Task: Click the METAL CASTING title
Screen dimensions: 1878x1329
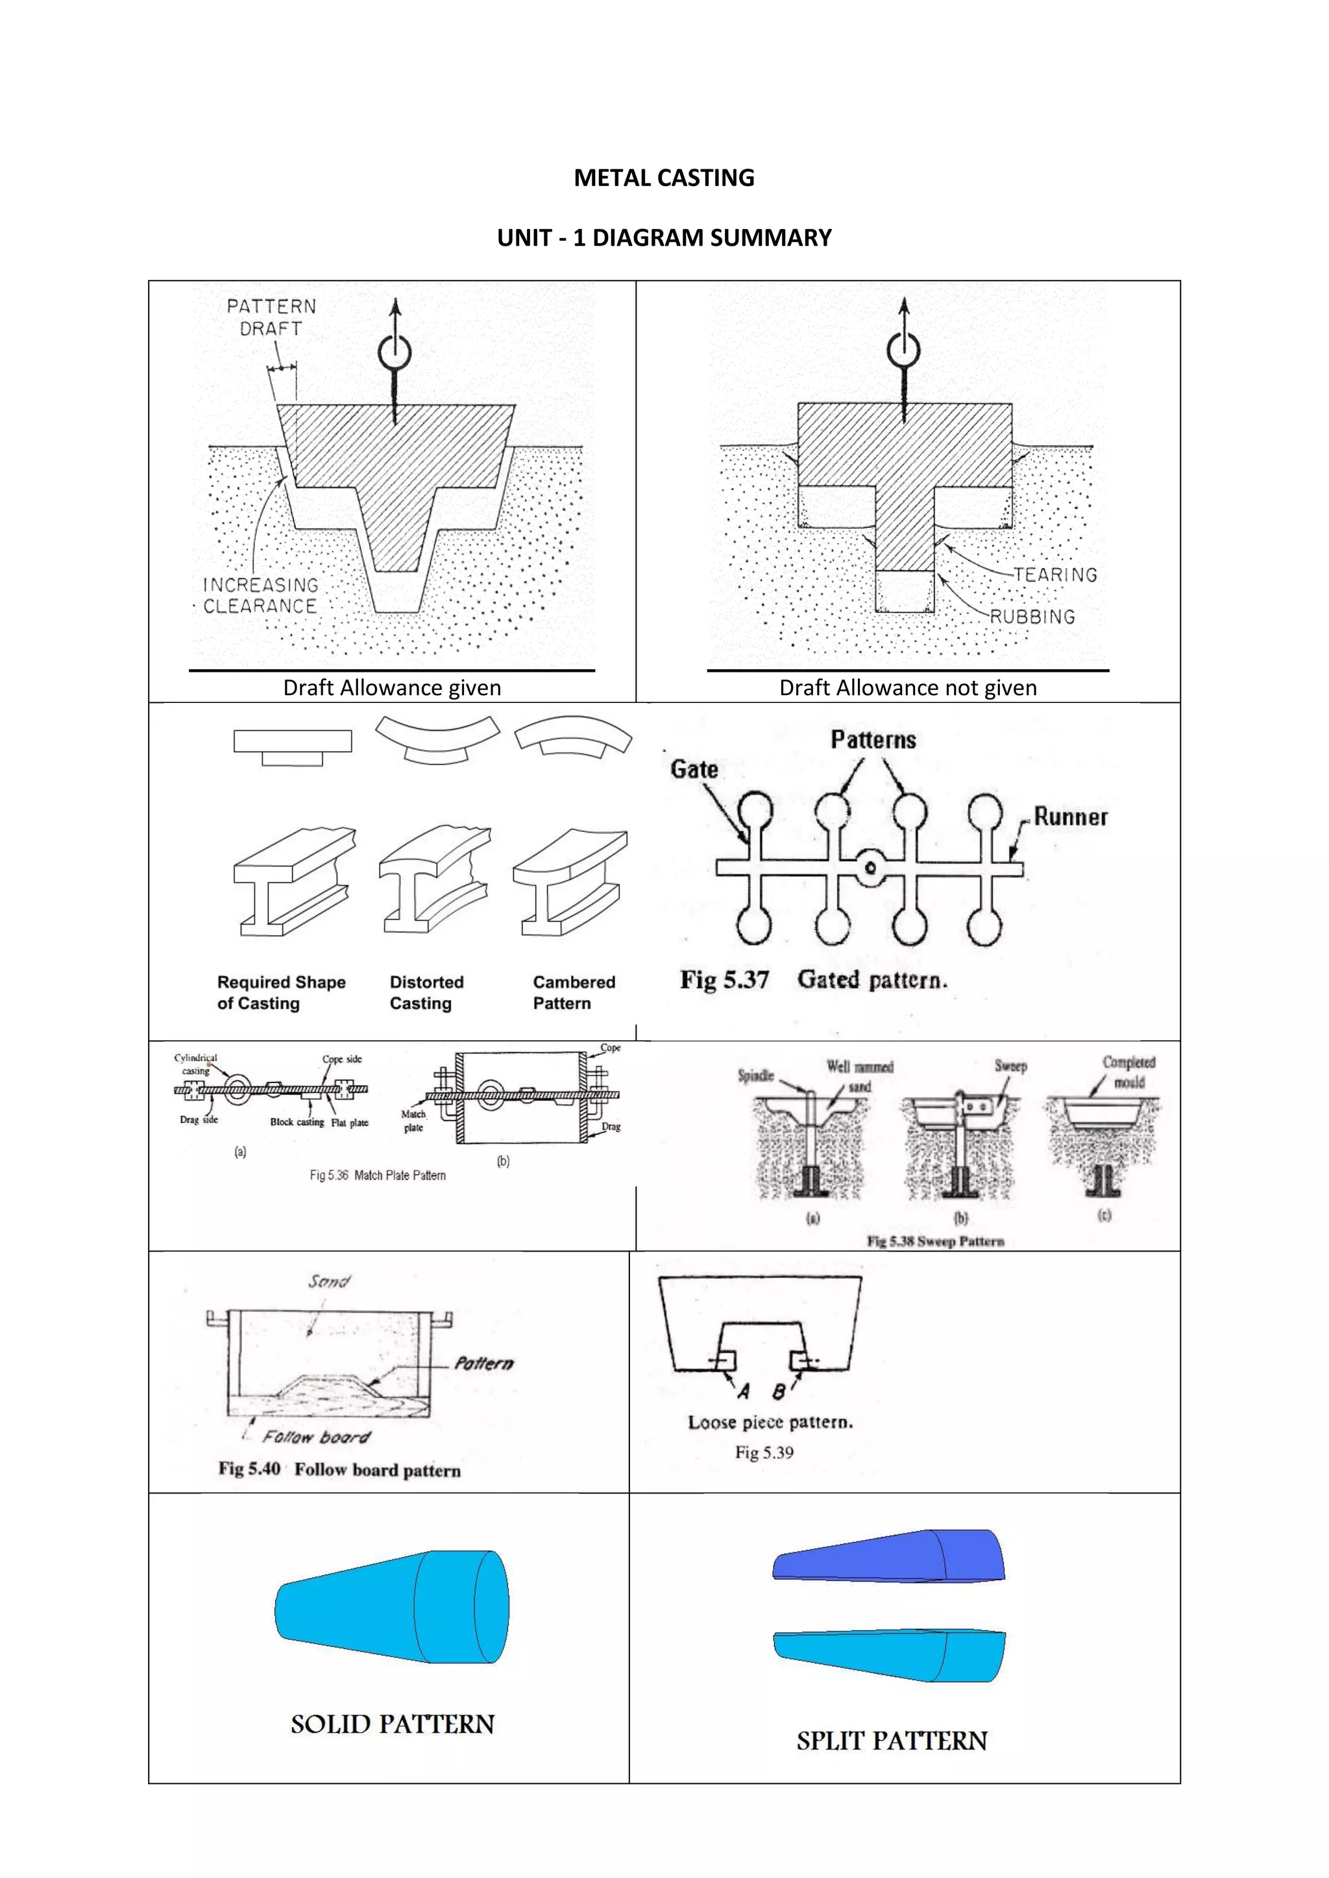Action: coord(664,178)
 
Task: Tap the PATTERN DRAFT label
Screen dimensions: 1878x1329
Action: coord(271,317)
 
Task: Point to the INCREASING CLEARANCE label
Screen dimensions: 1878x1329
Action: coord(260,595)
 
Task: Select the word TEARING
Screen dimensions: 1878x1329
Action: coord(1056,575)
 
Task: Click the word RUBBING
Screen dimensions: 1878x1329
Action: coord(1032,617)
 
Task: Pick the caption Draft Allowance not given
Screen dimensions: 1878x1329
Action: coord(908,688)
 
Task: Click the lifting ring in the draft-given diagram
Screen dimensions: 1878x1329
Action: coord(395,353)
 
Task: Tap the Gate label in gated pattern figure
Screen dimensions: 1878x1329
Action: coord(694,769)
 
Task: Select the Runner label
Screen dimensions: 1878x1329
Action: coord(1070,816)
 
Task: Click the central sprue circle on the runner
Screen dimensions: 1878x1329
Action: coord(871,868)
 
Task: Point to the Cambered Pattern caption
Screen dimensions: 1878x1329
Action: coord(574,992)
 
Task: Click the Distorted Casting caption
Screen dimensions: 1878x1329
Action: coord(426,992)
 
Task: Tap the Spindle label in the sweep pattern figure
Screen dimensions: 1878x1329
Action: coord(755,1075)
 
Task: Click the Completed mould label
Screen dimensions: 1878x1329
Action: coord(1128,1071)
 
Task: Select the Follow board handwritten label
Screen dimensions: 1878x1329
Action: coord(316,1437)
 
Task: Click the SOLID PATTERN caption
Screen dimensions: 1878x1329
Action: coord(393,1724)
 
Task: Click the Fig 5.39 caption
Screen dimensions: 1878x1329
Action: coord(764,1453)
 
